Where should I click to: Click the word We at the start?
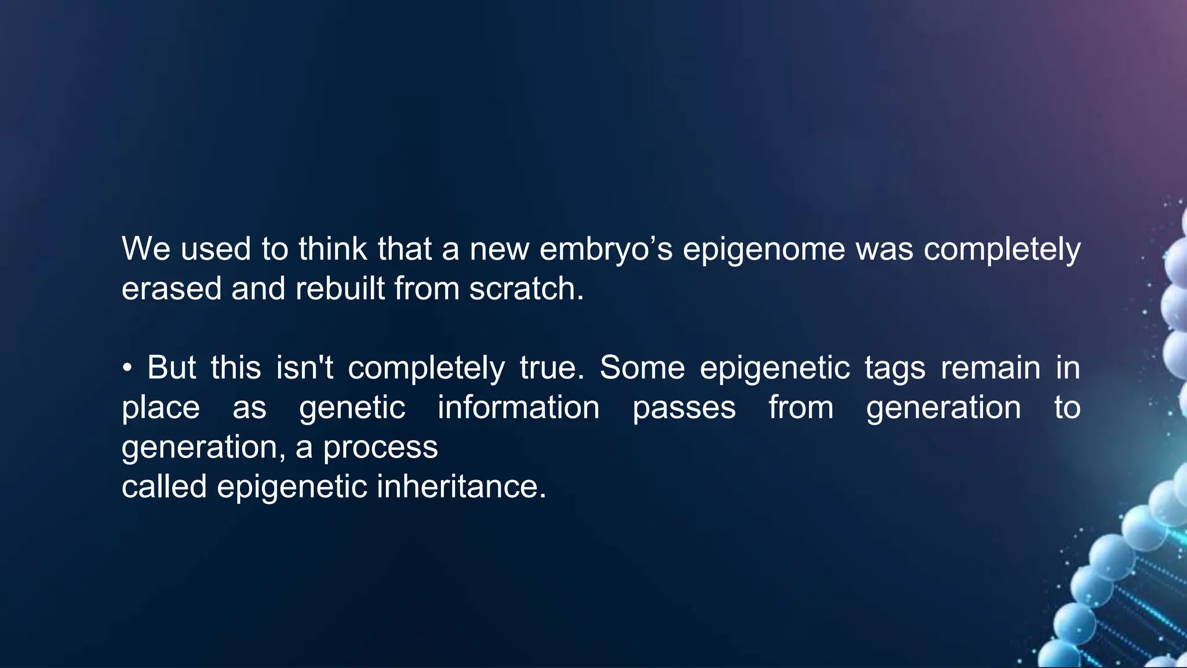[145, 249]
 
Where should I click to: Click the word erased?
[172, 289]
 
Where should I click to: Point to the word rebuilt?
[340, 289]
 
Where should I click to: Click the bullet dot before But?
[128, 369]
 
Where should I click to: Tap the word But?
[172, 368]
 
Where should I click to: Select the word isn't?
[304, 368]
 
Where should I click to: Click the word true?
[552, 368]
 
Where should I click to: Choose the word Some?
[642, 368]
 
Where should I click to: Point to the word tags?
[894, 369]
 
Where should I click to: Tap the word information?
[518, 408]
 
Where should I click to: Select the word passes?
[684, 409]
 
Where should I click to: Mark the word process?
[380, 448]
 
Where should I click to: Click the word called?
[164, 487]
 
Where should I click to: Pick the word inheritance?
[461, 487]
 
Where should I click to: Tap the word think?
[333, 249]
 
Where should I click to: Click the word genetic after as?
[352, 409]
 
